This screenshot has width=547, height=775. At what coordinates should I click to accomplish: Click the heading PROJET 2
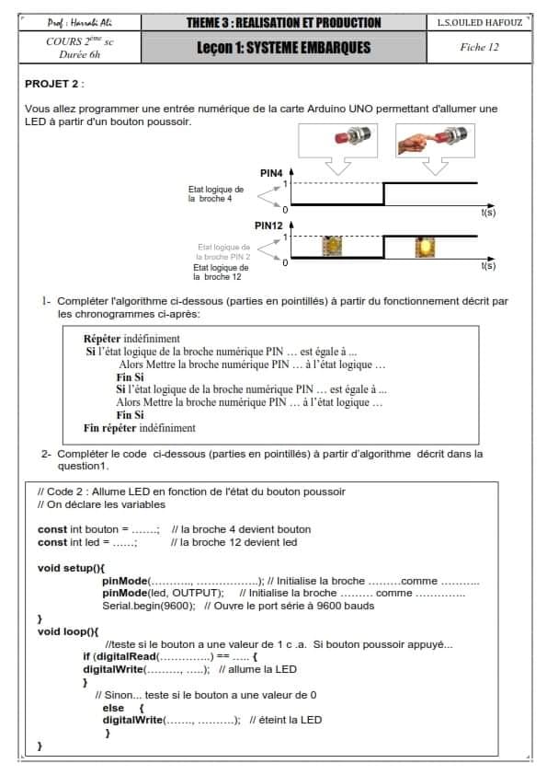[51, 84]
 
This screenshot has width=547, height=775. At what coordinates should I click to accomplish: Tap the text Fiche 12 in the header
[479, 48]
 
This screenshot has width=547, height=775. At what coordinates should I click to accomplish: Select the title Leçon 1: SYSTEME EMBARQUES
[284, 48]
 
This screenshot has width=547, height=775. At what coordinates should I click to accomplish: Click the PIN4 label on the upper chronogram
[271, 173]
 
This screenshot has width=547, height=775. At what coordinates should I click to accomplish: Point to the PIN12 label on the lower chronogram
[268, 226]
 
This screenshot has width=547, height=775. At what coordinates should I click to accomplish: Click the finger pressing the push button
[412, 144]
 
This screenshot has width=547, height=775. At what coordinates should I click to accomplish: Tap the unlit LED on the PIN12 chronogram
[332, 246]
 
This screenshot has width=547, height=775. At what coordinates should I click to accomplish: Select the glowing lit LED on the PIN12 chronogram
[425, 247]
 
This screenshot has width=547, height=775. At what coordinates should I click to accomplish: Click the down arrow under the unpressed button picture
[338, 166]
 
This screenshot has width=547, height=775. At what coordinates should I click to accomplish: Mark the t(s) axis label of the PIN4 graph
[488, 213]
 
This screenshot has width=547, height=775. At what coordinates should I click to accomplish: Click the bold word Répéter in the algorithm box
[102, 339]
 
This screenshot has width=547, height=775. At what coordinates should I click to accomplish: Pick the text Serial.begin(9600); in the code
[149, 606]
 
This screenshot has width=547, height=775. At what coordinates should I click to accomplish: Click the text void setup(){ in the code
[71, 568]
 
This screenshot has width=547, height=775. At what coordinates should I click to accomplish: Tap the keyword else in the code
[113, 708]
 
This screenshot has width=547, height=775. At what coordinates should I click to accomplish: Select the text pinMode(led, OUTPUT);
[163, 593]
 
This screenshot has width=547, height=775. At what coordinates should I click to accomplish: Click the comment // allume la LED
[257, 669]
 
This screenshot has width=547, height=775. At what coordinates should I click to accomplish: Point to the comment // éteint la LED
[286, 720]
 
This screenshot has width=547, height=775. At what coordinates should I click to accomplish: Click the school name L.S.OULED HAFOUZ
[479, 23]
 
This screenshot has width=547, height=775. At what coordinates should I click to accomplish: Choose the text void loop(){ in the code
[68, 631]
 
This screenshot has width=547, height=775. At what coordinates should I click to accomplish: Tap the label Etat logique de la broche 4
[216, 193]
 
